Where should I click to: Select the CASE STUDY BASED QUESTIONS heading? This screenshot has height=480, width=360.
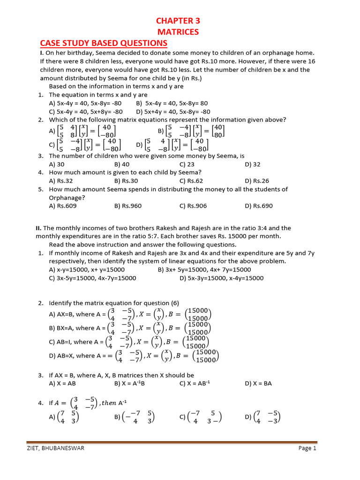click(x=104, y=43)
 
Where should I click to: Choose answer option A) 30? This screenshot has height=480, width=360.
click(x=57, y=165)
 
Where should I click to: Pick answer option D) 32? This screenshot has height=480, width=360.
click(x=253, y=165)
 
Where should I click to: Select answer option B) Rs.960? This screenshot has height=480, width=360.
click(x=127, y=206)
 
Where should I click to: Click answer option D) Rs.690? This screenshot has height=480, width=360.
click(x=259, y=206)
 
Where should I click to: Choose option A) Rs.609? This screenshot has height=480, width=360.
click(x=63, y=206)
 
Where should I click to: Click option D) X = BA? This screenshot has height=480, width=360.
click(x=258, y=383)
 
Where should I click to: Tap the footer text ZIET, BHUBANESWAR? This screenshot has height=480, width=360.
click(x=55, y=448)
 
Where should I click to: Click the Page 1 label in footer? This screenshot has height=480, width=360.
click(x=307, y=448)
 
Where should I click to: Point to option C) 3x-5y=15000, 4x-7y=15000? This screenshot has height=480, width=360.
click(x=92, y=278)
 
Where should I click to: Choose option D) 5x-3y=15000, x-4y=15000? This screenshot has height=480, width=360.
click(x=221, y=278)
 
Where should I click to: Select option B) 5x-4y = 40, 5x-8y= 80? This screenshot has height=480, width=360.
click(x=172, y=103)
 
